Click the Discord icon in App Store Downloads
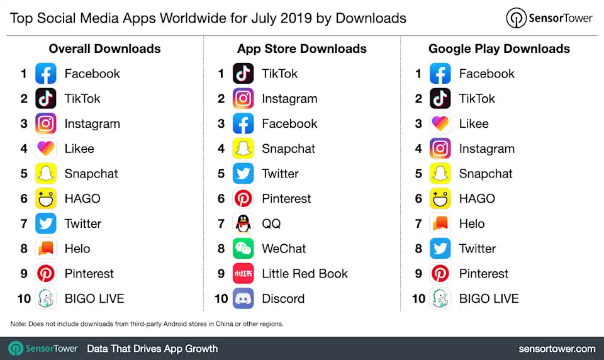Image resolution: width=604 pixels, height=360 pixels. point(243,298)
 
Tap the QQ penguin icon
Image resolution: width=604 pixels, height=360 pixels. point(243,223)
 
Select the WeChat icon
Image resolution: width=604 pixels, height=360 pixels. point(243,249)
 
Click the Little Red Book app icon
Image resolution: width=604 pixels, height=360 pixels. point(243,274)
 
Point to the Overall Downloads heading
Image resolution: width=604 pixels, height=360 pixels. point(104,48)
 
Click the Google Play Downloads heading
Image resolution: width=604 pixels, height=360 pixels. point(499,48)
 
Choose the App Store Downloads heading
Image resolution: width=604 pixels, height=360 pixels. point(302,48)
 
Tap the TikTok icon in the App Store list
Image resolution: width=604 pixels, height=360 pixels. point(243,74)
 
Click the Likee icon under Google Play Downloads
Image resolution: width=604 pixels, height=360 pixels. point(440,124)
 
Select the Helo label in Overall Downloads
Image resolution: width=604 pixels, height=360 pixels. point(77,249)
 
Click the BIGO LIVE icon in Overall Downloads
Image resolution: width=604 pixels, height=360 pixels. point(46,298)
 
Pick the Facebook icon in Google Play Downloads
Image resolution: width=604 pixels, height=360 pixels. point(440,74)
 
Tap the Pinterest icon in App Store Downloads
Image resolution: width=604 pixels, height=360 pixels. point(243,199)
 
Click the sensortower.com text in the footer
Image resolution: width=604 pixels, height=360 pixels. point(557,348)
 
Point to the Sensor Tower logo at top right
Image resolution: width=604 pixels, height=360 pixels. point(549,18)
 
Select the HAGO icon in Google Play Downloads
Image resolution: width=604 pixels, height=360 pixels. point(440,199)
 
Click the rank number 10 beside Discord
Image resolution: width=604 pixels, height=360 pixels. point(221,299)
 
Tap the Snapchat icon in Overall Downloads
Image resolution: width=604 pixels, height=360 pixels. point(46,174)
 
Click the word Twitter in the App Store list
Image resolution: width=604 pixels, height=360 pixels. point(280,174)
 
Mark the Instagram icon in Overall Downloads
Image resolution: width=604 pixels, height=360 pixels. point(46,124)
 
